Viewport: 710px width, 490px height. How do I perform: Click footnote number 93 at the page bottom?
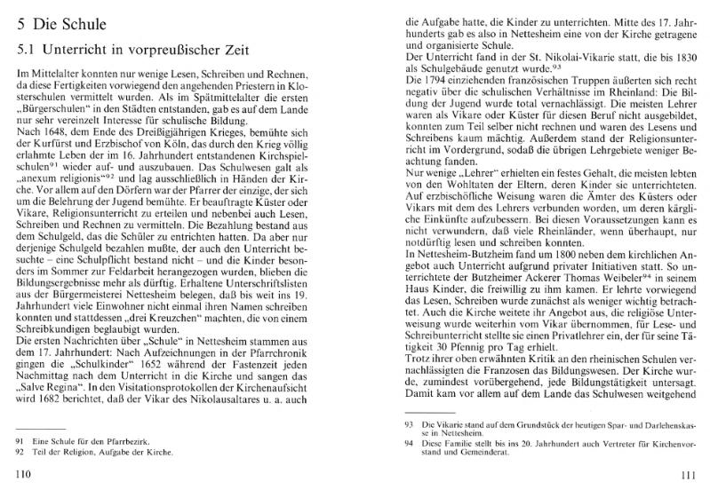[411, 428]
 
